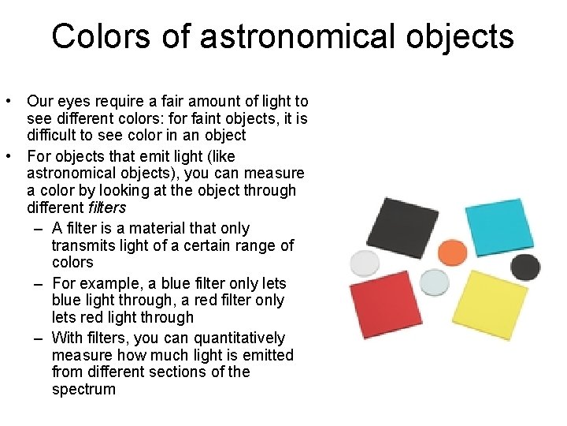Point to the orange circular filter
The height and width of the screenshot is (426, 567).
[x=452, y=252]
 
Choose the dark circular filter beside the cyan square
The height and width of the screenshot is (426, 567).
[x=525, y=267]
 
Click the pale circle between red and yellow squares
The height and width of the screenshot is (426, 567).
[x=434, y=282]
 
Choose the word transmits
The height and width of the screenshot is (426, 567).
[x=83, y=245]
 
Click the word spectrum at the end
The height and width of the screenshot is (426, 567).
[x=83, y=389]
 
